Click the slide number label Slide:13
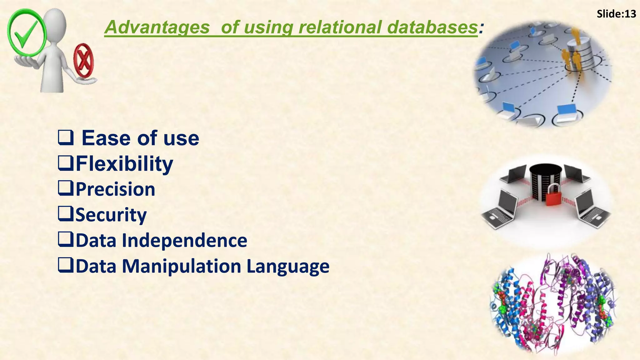pos(616,14)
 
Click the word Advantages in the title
pos(157,27)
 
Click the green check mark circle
pos(26,33)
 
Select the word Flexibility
pos(124,163)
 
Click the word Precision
pos(115,189)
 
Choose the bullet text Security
pos(111,215)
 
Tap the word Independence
pos(184,240)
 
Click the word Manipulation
pos(181,266)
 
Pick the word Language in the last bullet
pos(288,266)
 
